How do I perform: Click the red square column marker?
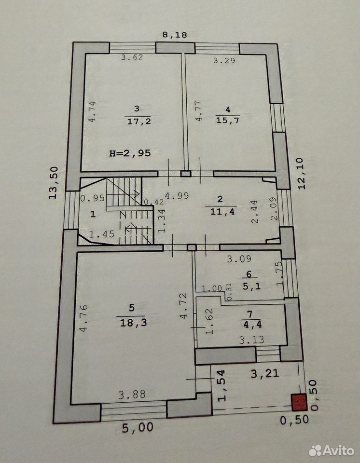(x=299, y=402)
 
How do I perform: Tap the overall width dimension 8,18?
(x=175, y=35)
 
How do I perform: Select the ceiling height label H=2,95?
(x=130, y=153)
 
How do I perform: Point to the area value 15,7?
(x=228, y=120)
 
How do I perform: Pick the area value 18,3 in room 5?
(x=133, y=323)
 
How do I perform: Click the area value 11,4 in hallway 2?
(x=222, y=211)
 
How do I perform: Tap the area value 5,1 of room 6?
(x=251, y=286)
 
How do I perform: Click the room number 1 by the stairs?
(x=93, y=214)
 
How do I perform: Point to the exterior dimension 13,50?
(x=54, y=183)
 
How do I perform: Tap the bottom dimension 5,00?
(x=138, y=428)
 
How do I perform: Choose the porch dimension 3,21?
(x=265, y=373)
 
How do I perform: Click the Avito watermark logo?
(x=331, y=450)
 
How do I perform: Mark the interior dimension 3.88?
(x=132, y=395)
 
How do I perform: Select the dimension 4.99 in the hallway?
(x=177, y=196)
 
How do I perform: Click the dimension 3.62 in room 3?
(x=132, y=57)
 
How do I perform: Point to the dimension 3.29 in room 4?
(x=224, y=61)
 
